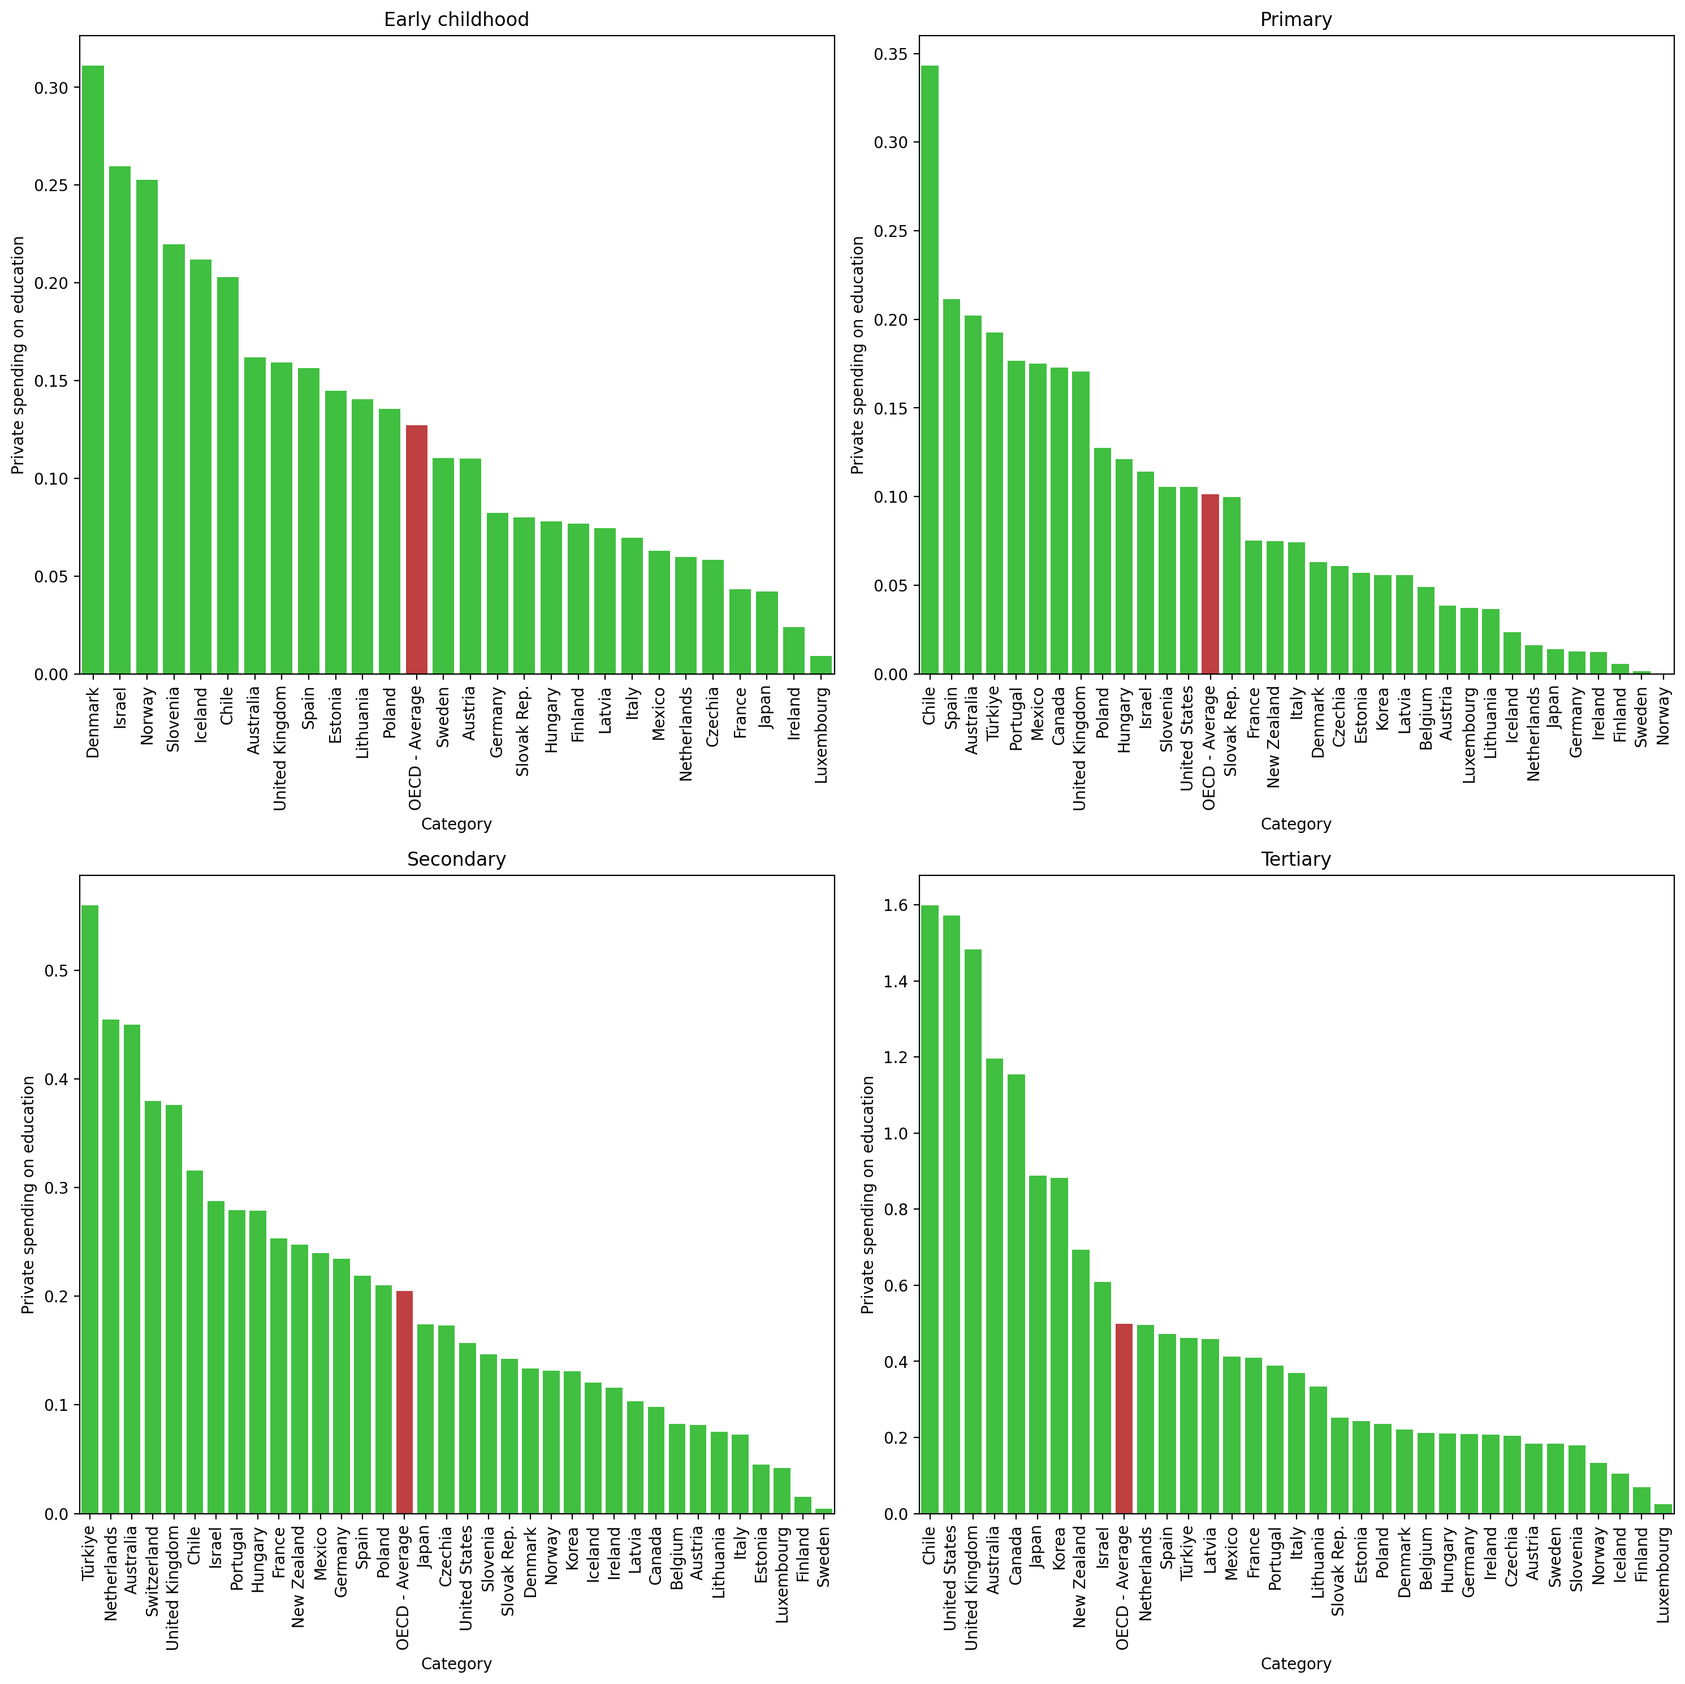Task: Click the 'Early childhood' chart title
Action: pyautogui.click(x=456, y=19)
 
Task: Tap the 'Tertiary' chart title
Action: pyautogui.click(x=1295, y=859)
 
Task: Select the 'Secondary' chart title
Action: pyautogui.click(x=456, y=859)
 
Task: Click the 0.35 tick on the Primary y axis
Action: pyautogui.click(x=891, y=54)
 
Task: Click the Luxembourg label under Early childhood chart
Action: pyautogui.click(x=820, y=735)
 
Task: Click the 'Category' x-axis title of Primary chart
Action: pyautogui.click(x=1295, y=824)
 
